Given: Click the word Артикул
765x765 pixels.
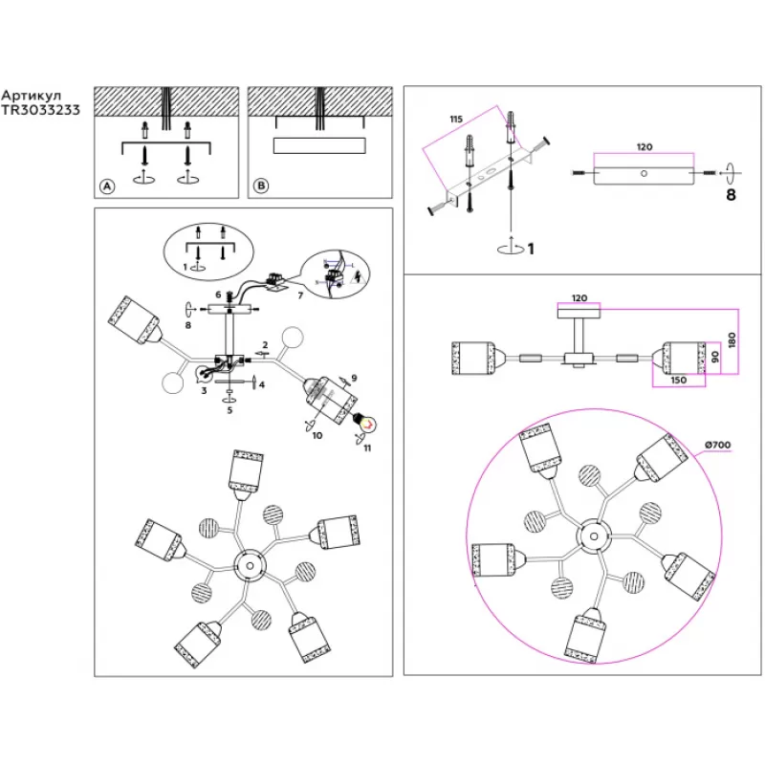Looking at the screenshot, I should click(x=32, y=97).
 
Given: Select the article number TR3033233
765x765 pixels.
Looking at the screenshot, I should click(x=40, y=110).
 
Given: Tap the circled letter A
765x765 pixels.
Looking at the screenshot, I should click(x=107, y=186).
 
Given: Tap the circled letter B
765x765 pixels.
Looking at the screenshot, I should click(x=260, y=186).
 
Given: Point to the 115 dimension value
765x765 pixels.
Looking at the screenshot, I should click(x=455, y=118).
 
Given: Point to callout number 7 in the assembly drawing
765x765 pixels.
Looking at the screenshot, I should click(x=299, y=295).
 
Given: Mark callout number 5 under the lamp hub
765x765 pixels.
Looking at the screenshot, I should click(x=229, y=410).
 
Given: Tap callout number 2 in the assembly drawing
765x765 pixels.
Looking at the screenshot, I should click(x=265, y=344).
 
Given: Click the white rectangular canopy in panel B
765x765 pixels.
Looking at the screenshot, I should click(x=319, y=145).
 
